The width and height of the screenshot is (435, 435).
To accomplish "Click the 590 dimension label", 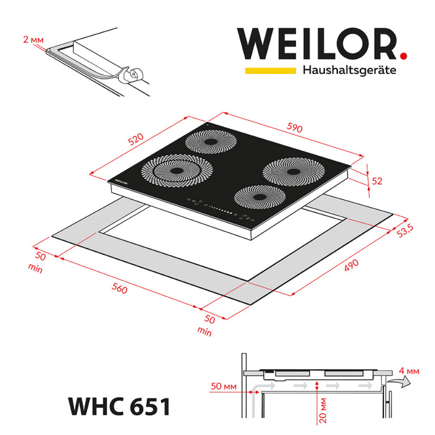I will [295, 128].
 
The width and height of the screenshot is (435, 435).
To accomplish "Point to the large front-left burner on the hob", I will [175, 170].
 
